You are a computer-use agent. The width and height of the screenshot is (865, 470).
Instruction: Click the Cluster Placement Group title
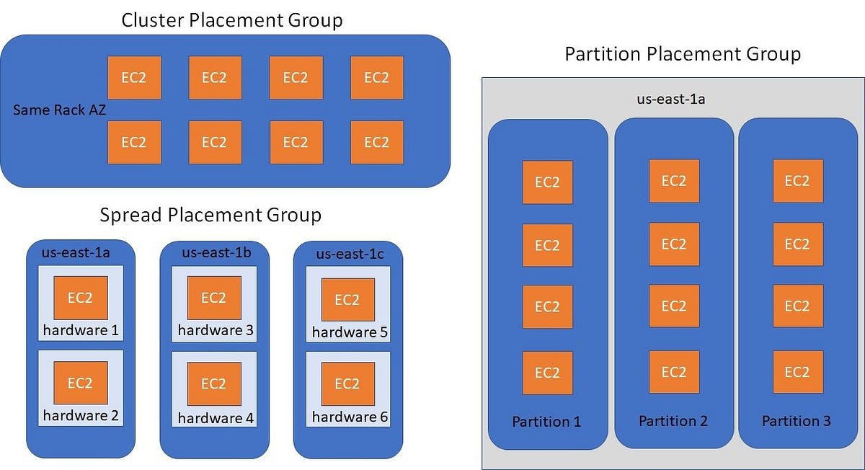(231, 19)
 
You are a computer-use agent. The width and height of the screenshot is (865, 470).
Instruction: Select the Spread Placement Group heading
(210, 215)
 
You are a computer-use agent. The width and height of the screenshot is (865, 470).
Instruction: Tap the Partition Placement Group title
(683, 54)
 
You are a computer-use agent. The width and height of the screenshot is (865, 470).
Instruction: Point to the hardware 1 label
(81, 331)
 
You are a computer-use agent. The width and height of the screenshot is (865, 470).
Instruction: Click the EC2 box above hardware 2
(81, 383)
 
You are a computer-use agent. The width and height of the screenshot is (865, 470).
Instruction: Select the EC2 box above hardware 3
(214, 298)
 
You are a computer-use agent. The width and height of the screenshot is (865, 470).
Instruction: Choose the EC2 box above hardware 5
(347, 300)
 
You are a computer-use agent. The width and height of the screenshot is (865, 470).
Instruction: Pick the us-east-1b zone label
(214, 252)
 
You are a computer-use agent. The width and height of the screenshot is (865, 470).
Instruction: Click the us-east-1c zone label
(349, 254)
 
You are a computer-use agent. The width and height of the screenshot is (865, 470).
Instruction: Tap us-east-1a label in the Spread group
(76, 252)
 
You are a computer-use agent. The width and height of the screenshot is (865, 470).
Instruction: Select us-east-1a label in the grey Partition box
(670, 99)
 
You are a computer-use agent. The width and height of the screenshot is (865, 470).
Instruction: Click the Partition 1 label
(546, 422)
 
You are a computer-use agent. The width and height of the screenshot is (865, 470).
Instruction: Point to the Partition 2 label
(673, 420)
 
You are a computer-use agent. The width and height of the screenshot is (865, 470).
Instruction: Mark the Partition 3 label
(797, 420)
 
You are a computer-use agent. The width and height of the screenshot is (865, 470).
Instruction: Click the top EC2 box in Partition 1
(547, 182)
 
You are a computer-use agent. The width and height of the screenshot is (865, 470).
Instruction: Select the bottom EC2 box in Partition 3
(797, 372)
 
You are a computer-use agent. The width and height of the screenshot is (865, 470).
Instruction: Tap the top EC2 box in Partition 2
(674, 181)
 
